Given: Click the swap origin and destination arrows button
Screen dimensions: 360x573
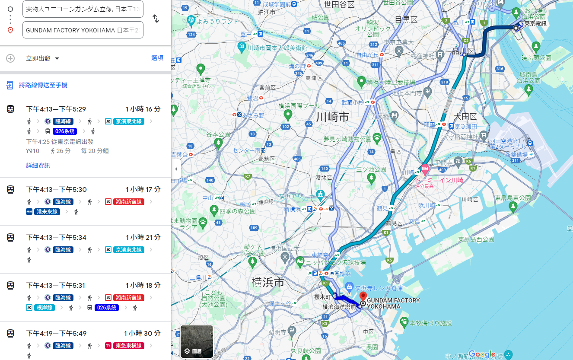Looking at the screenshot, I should [156, 19].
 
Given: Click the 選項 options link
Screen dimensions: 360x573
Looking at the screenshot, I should [157, 58].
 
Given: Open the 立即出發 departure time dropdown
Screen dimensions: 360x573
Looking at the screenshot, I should [42, 58].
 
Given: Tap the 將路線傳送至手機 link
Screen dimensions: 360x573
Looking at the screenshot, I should [43, 85].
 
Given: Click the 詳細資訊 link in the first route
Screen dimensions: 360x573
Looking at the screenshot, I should [38, 165].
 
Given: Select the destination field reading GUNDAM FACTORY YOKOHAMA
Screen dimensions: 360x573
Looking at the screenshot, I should [83, 30].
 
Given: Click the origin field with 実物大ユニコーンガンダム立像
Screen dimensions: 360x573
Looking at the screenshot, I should [83, 9].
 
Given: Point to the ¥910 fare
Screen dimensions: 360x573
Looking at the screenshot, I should [33, 151].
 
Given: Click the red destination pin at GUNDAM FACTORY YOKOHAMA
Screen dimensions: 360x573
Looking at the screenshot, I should [363, 296].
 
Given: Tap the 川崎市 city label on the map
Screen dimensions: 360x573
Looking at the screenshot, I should [332, 117].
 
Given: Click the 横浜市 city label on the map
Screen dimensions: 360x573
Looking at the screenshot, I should [268, 283].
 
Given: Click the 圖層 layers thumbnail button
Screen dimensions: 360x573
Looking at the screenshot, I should [197, 342].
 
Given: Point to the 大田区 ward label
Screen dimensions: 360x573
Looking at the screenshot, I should [465, 117].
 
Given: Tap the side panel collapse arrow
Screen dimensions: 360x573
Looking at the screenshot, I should [176, 169].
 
